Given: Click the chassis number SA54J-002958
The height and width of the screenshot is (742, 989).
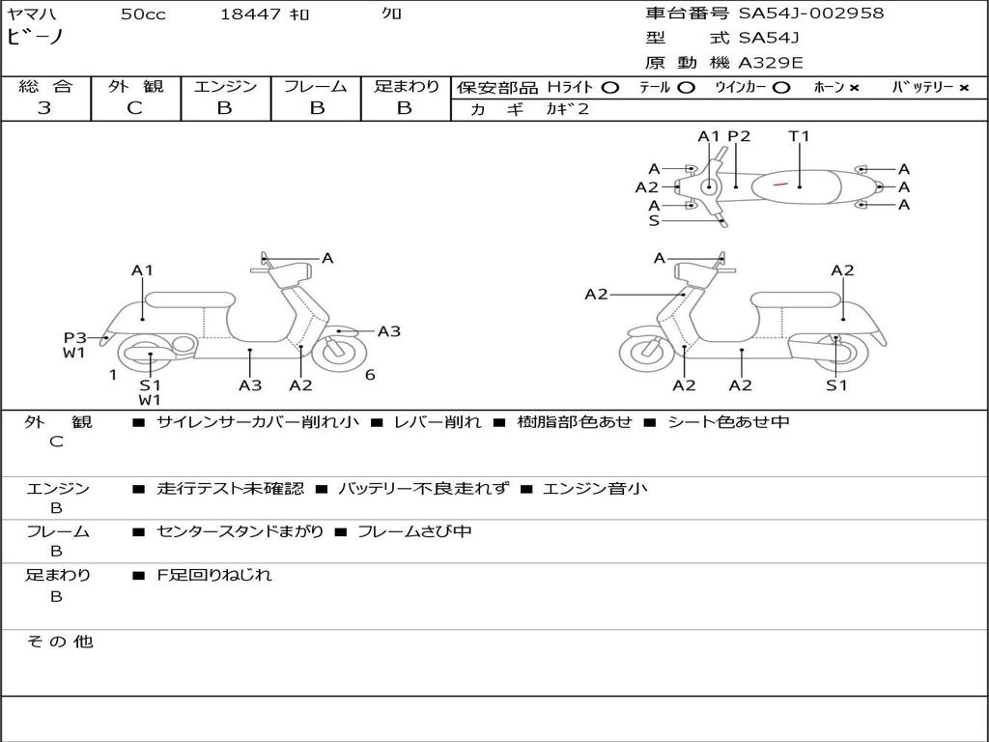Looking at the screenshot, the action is (x=811, y=13).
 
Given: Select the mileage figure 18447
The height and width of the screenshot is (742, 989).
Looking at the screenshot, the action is (x=250, y=14).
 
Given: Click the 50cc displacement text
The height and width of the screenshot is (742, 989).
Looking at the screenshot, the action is (x=143, y=14).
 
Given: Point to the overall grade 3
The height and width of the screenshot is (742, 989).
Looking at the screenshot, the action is (x=44, y=107).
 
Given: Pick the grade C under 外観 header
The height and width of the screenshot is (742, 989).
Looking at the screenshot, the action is (x=134, y=107).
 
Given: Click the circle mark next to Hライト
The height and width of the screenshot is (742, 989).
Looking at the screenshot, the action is (x=610, y=88).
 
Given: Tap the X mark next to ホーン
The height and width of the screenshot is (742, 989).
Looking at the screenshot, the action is (x=854, y=88).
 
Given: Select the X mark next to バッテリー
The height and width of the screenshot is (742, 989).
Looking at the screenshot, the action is (x=964, y=88).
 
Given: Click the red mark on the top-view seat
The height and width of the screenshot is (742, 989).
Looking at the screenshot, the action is (x=780, y=185).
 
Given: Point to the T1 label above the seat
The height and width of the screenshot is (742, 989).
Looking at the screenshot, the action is (x=799, y=135).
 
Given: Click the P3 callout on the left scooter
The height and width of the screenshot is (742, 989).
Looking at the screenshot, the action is (x=74, y=337).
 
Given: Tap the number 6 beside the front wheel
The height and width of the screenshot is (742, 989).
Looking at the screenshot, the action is (x=370, y=375).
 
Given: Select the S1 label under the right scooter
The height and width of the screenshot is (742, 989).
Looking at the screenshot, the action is (x=836, y=385).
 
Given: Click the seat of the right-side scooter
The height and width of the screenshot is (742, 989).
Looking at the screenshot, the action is (x=796, y=300).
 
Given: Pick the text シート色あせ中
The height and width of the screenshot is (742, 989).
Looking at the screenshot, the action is (x=728, y=421).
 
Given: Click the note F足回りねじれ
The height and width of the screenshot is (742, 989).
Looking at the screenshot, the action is (x=214, y=575).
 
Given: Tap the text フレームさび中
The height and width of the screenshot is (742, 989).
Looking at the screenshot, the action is (x=414, y=531).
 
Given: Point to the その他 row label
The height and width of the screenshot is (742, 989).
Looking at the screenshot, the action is (x=59, y=642).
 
